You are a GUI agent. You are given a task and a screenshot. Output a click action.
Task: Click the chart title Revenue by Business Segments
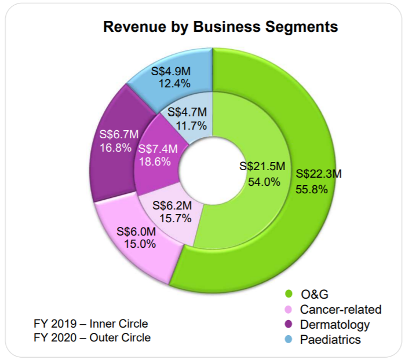click(220, 27)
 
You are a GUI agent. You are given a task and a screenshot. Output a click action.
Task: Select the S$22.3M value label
click(319, 174)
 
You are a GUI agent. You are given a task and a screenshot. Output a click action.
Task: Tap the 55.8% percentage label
click(312, 189)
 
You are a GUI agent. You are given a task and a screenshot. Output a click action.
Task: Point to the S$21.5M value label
click(262, 167)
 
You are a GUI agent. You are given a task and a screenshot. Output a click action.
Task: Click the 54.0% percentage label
click(264, 182)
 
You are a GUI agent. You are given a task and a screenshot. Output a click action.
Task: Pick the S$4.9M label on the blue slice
click(171, 71)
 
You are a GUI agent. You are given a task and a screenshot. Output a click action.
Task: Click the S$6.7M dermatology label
click(119, 135)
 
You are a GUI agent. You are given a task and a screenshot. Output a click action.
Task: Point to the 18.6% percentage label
click(155, 162)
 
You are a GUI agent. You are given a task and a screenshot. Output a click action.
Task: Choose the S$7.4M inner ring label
click(158, 149)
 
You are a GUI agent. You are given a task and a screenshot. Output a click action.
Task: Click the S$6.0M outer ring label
click(136, 231)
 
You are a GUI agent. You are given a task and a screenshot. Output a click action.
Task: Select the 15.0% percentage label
click(140, 244)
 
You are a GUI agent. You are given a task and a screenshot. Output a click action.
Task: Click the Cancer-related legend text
click(341, 309)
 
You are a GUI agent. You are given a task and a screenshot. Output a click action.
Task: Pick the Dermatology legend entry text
click(335, 324)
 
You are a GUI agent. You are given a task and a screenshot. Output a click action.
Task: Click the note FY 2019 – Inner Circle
click(92, 324)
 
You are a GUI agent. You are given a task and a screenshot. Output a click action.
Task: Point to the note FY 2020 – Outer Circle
click(93, 337)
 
